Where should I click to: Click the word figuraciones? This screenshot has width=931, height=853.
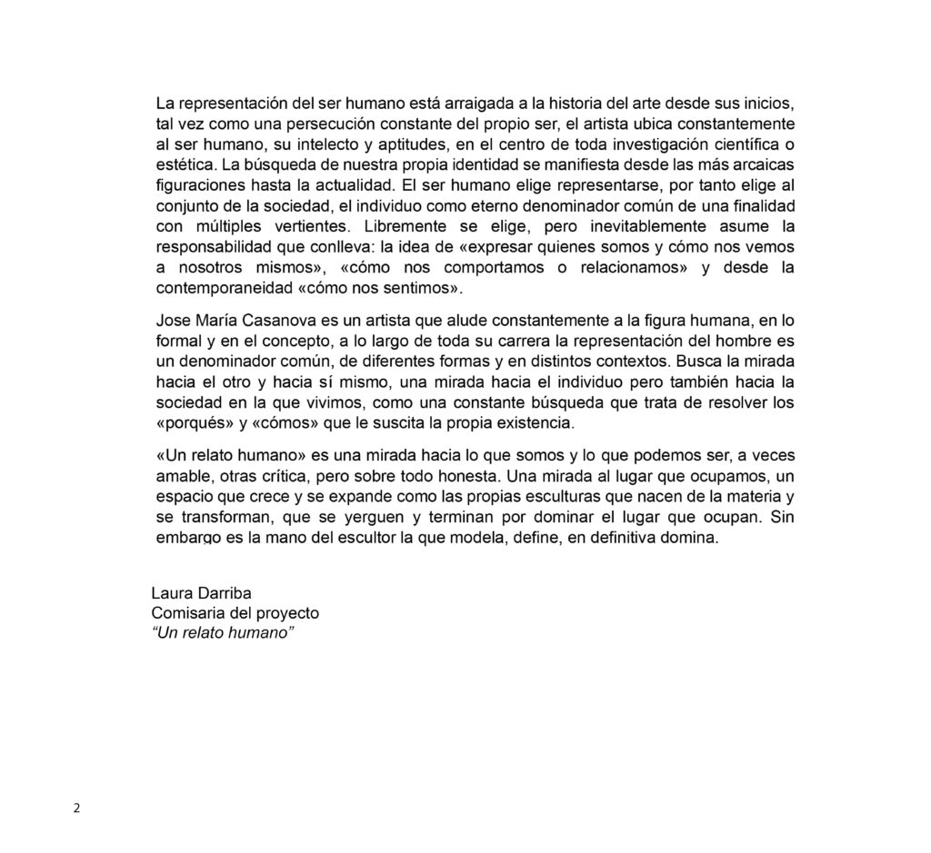(198, 185)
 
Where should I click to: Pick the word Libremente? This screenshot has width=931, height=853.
(404, 226)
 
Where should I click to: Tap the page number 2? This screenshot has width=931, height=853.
(76, 809)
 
